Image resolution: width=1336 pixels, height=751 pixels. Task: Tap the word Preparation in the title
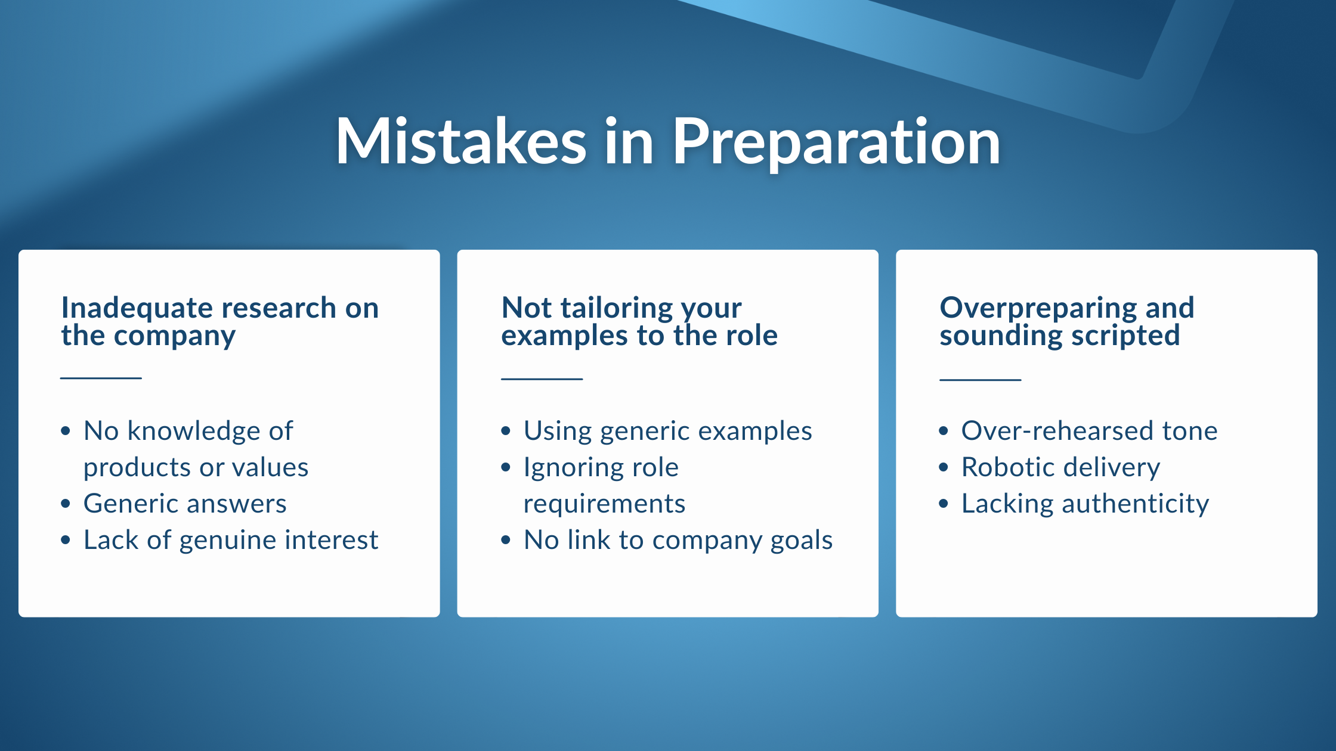pos(836,143)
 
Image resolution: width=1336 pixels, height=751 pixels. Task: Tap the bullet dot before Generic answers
pos(66,504)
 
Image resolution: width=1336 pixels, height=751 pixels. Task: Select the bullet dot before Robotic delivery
pos(944,467)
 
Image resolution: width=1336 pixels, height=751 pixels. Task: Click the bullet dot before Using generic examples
pos(506,431)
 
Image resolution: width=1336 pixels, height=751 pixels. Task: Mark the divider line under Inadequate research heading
pos(101,378)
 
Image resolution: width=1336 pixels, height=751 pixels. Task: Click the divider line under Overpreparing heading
pos(980,379)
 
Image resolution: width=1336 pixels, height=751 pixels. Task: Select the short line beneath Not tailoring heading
pos(542,378)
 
